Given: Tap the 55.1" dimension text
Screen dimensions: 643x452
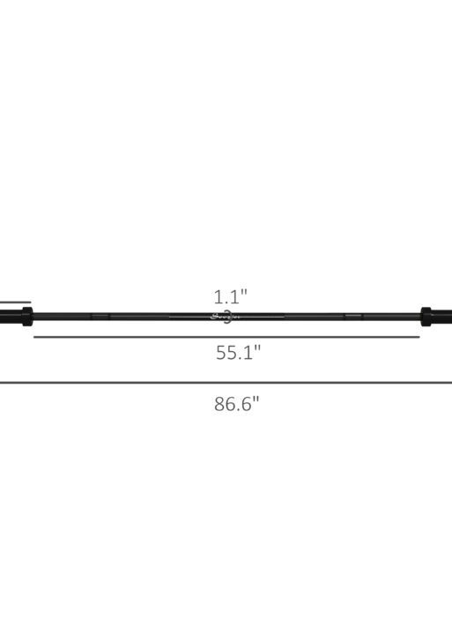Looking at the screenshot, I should (238, 354).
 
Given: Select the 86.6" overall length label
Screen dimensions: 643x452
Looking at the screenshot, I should (236, 405).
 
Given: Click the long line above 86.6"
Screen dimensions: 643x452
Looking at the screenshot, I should (226, 382).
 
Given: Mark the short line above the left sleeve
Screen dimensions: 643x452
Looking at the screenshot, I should (14, 303).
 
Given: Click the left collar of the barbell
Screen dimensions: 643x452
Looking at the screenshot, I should (26, 316).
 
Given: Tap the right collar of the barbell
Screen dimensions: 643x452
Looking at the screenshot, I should (426, 315).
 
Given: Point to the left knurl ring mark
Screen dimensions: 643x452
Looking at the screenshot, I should (100, 316).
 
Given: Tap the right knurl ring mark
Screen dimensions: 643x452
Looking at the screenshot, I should (352, 315).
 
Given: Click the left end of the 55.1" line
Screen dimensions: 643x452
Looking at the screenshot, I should (35, 337).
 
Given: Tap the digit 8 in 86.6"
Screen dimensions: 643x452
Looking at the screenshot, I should (219, 406).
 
